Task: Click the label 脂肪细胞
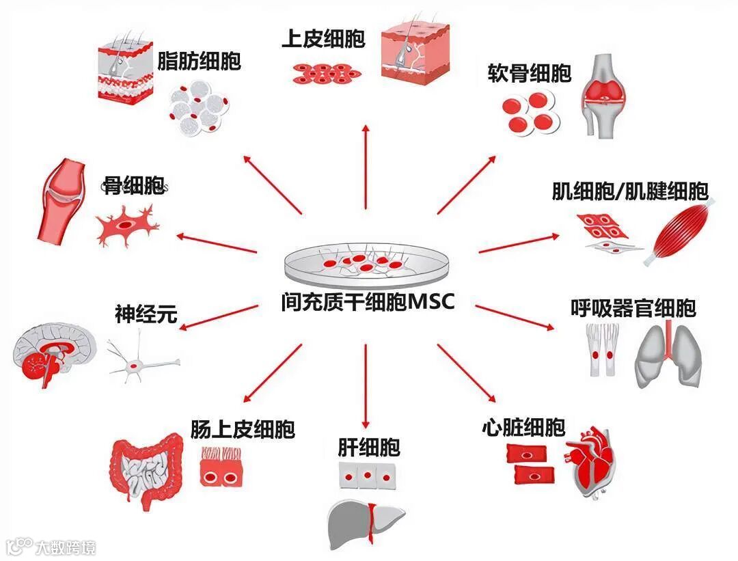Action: click(199, 61)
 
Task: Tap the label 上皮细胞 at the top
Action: click(323, 38)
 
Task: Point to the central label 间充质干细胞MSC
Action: click(367, 301)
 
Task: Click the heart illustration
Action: click(592, 463)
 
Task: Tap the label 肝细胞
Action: click(368, 448)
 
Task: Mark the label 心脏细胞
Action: click(523, 428)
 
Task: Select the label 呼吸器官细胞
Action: click(633, 308)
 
